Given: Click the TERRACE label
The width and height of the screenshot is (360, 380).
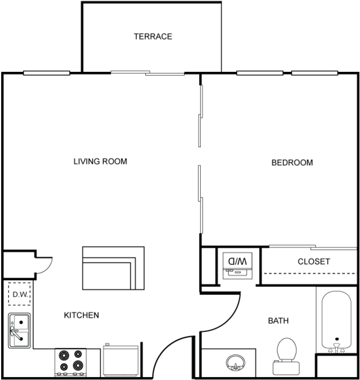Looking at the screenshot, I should click(153, 36).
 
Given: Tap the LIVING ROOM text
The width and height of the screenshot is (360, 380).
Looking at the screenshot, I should click(100, 161).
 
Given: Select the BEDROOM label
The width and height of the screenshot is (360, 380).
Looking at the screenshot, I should click(292, 162).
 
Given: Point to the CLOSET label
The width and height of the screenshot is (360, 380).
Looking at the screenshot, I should click(314, 261).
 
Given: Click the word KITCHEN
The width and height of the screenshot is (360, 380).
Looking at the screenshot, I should click(81, 315).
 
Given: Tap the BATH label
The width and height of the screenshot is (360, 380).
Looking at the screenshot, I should click(278, 320).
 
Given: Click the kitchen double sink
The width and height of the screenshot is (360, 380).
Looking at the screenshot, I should click(19, 330).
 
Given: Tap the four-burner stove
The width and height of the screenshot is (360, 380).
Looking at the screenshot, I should click(70, 361).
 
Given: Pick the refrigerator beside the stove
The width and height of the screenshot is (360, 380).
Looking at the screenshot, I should click(120, 360).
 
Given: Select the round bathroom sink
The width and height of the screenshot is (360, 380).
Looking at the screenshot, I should click(235, 363).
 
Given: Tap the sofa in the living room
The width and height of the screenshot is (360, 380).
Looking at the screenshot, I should click(112, 268).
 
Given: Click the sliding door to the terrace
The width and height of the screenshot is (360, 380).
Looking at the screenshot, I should click(148, 73).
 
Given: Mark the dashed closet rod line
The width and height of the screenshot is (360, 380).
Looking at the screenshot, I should click(310, 273).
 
